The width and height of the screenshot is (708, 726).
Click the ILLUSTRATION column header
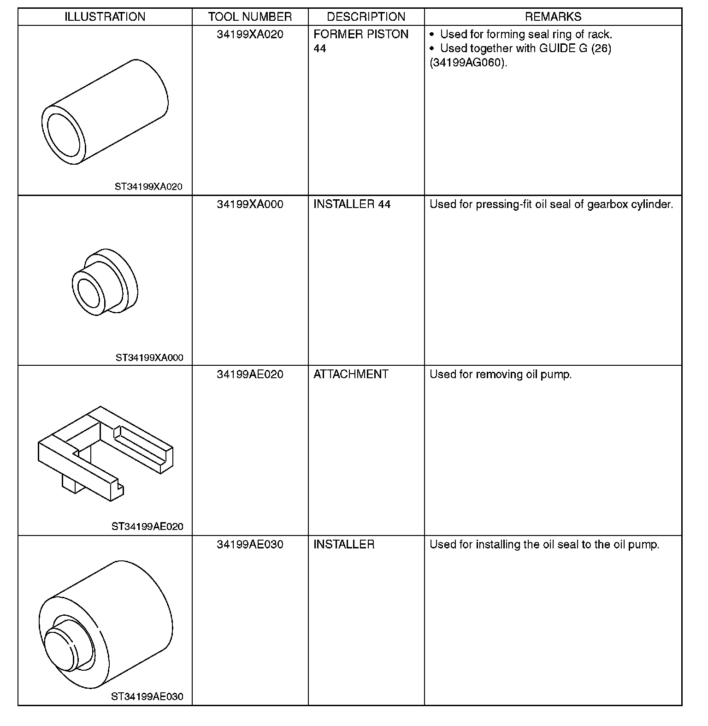(x=105, y=17)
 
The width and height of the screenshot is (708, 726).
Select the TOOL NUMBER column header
(x=250, y=17)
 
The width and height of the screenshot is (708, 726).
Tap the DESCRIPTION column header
(x=366, y=17)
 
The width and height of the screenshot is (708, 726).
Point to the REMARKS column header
(x=553, y=17)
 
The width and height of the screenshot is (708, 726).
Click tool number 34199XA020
(x=250, y=35)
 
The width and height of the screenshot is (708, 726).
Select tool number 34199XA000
(x=250, y=204)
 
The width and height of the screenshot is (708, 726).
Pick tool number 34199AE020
(x=250, y=374)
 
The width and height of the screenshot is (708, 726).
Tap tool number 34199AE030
(x=250, y=544)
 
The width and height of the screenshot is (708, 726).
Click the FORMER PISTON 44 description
(x=360, y=41)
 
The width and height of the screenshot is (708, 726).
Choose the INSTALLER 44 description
(x=352, y=204)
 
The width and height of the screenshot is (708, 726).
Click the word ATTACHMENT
(x=351, y=374)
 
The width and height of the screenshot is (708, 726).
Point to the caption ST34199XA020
(x=148, y=187)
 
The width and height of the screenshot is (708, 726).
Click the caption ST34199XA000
(x=149, y=357)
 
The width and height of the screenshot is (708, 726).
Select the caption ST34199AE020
(x=147, y=527)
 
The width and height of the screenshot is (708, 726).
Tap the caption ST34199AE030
(x=147, y=696)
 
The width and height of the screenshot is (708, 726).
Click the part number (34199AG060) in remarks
(x=468, y=63)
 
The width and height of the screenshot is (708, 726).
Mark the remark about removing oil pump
(x=500, y=374)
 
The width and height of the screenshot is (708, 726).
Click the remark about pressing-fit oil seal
(x=551, y=204)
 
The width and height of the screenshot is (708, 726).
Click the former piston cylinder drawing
(x=105, y=112)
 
